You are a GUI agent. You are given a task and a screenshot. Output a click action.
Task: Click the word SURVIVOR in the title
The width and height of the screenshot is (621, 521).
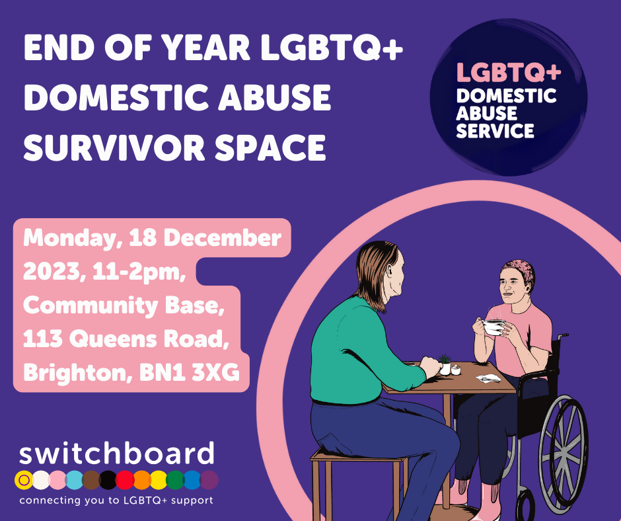(x=114, y=147)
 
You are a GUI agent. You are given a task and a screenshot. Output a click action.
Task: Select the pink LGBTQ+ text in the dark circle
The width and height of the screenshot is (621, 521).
(x=509, y=72)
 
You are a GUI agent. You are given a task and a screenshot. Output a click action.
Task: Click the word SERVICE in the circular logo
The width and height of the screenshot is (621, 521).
(x=495, y=131)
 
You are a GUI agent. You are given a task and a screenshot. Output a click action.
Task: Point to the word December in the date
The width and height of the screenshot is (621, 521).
(x=222, y=238)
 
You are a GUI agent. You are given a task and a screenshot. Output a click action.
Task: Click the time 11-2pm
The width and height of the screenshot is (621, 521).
(x=139, y=272)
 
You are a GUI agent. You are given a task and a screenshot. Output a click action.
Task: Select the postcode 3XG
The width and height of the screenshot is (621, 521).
(x=216, y=373)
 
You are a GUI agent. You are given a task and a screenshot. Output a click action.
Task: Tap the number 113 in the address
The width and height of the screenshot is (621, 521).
(x=43, y=339)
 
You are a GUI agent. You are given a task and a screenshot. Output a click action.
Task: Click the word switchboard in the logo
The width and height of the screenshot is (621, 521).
(x=117, y=454)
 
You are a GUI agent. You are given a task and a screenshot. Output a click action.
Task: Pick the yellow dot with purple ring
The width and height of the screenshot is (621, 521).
(x=24, y=480)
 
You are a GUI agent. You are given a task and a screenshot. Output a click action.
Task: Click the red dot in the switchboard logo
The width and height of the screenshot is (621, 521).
(x=124, y=480)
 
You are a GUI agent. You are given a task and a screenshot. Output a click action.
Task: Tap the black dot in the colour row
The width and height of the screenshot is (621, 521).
(x=108, y=480)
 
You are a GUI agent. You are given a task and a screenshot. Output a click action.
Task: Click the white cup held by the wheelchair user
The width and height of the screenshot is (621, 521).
(x=493, y=327)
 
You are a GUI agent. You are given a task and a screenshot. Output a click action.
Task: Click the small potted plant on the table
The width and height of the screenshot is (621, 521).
(x=445, y=364)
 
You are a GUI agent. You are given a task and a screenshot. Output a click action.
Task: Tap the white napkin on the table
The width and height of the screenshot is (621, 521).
(x=488, y=378)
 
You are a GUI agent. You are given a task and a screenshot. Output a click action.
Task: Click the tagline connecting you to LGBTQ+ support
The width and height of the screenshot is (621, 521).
(x=116, y=501)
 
